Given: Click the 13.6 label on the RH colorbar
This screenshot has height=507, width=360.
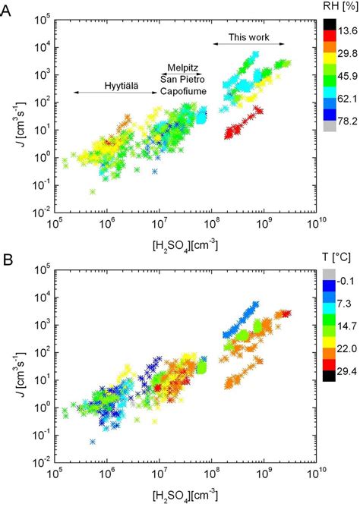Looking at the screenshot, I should pos(346,29).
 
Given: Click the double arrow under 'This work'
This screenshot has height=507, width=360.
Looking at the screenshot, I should pos(247,44).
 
